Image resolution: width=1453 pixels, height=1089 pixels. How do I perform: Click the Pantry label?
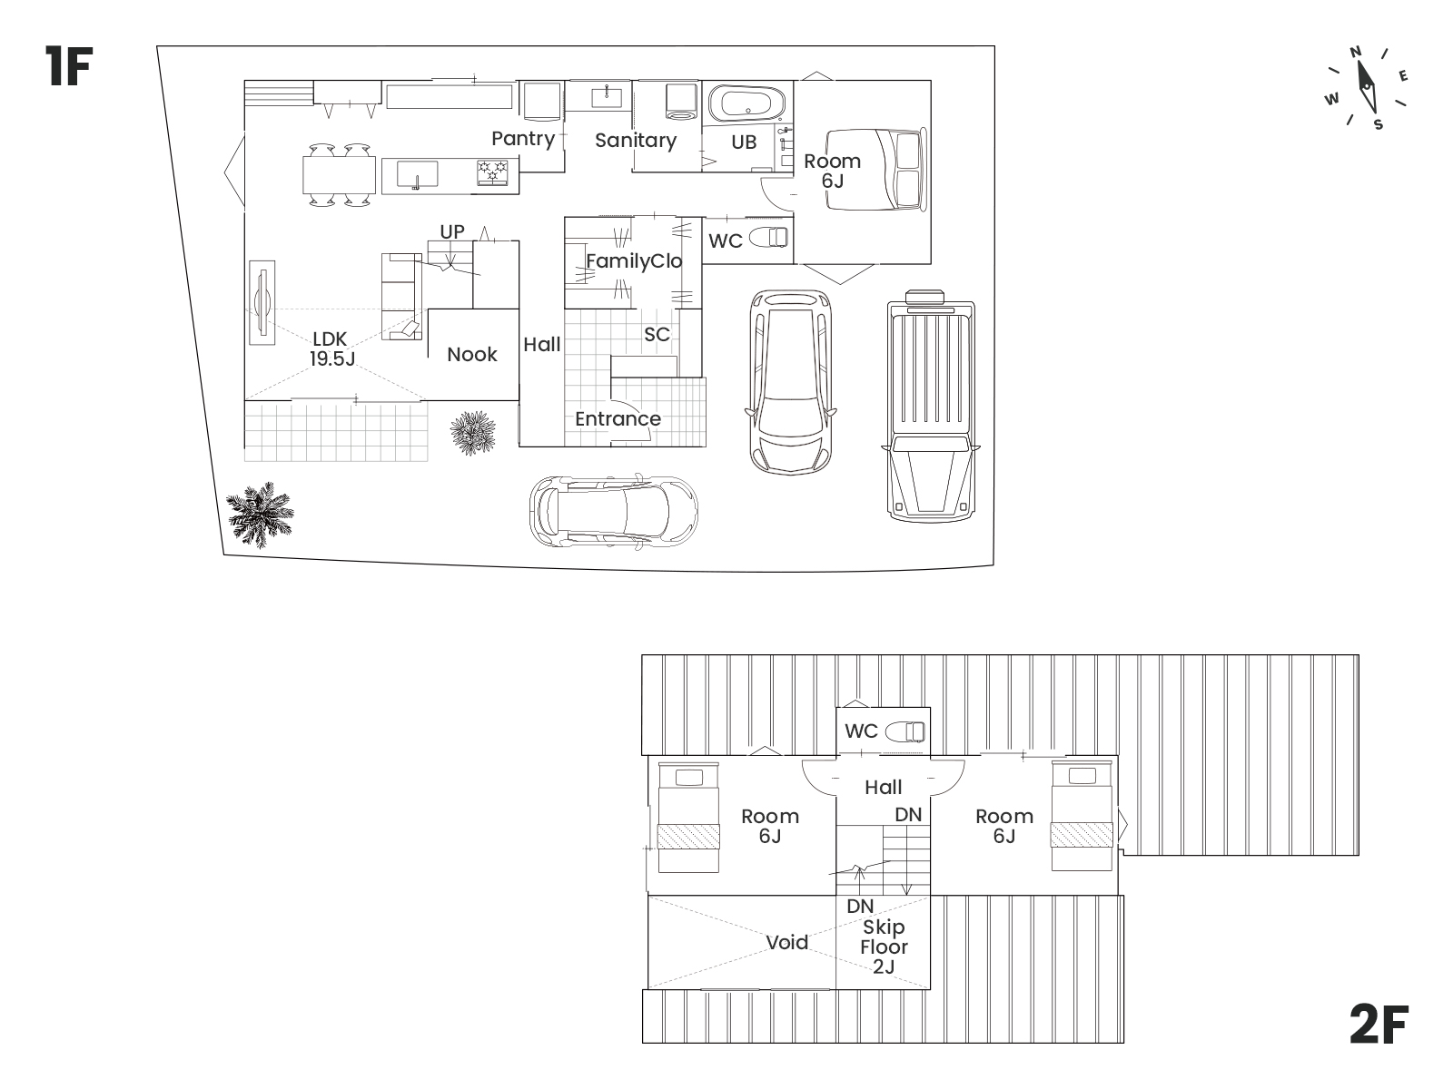coord(523,139)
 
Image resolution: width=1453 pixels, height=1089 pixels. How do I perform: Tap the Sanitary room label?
coord(636,140)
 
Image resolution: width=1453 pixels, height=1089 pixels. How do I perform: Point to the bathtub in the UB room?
coord(746,104)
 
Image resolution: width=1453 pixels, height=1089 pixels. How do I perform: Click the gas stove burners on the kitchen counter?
coord(492,172)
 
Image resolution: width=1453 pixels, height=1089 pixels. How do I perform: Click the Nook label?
coord(472,355)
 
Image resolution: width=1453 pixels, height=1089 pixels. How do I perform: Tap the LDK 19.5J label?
coord(331,349)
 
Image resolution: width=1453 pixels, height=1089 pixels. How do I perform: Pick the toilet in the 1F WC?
coord(768,238)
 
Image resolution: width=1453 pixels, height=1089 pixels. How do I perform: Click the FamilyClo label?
coord(634,262)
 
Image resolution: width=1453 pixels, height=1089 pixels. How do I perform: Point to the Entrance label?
coord(618,419)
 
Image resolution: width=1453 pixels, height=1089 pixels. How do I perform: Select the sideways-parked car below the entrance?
coord(614,510)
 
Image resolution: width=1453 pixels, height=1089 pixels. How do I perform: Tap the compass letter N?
coord(1355,52)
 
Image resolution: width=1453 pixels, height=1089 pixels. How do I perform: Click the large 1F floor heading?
coord(68,66)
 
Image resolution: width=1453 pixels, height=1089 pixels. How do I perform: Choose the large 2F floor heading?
coord(1379,1025)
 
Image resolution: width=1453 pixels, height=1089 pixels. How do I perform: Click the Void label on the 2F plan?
coord(787,942)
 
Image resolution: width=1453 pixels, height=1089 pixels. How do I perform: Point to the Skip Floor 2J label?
coord(884,947)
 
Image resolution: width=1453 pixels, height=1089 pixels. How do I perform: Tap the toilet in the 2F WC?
coord(904,732)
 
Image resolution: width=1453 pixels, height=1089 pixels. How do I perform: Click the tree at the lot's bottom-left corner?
coord(260,515)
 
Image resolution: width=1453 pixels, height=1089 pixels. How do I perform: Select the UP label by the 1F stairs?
coord(452,232)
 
